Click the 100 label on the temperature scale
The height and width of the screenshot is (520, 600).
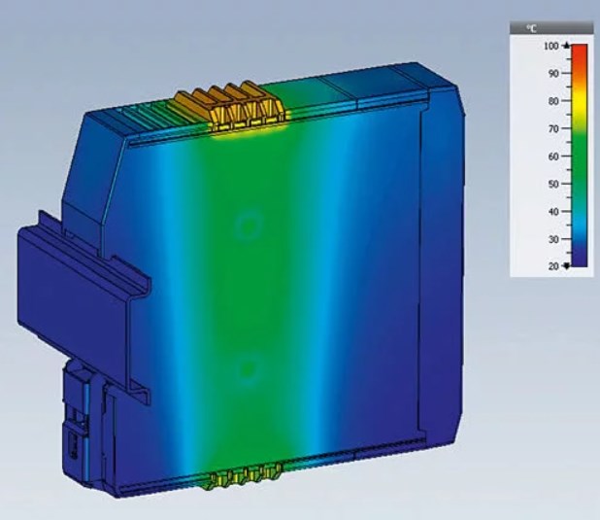tap(551, 46)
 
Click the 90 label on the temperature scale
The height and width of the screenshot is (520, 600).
tap(553, 74)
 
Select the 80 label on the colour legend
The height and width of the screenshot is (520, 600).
tap(553, 101)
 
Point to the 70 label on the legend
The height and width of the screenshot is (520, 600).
tap(553, 128)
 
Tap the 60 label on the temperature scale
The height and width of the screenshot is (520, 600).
tap(553, 156)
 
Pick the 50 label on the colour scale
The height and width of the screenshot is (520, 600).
tap(553, 184)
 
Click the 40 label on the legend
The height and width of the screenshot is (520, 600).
tap(553, 212)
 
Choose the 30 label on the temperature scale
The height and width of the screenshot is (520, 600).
tap(553, 239)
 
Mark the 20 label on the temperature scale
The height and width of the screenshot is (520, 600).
tap(553, 266)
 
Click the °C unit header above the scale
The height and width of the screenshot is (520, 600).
tap(531, 28)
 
